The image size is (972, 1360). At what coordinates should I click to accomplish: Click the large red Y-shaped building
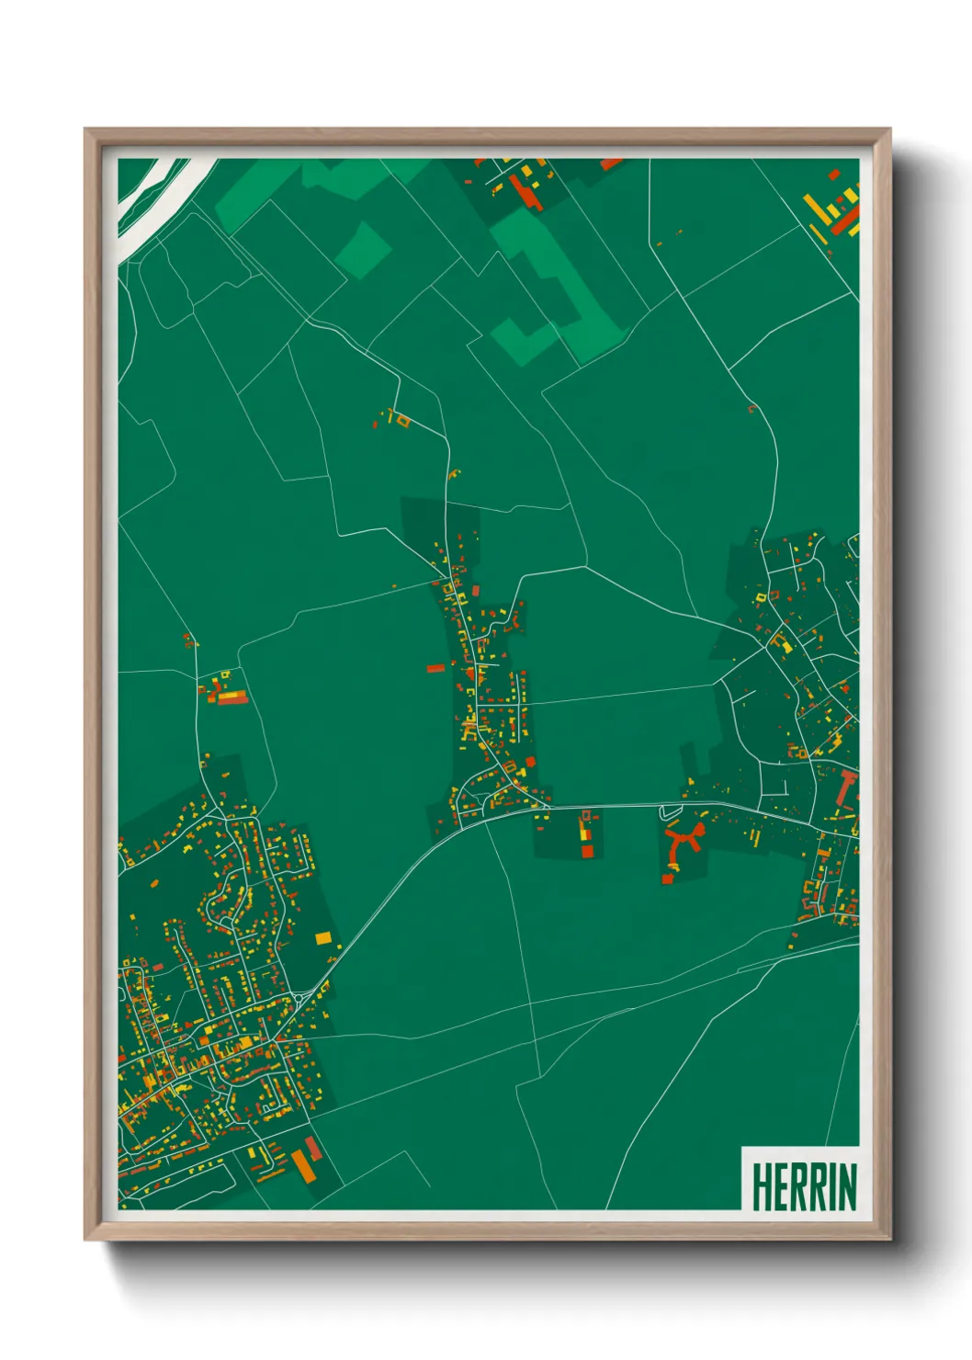(683, 844)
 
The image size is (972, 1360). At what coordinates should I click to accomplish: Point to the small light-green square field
(364, 248)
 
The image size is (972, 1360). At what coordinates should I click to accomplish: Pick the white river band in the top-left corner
(152, 198)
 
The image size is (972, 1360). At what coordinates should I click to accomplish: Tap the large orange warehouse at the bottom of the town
(303, 1165)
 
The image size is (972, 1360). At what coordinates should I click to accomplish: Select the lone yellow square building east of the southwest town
(323, 937)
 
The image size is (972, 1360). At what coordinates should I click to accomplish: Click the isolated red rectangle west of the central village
(435, 668)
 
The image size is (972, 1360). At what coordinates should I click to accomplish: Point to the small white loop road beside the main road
(671, 812)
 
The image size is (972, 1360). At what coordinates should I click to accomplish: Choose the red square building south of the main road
(588, 852)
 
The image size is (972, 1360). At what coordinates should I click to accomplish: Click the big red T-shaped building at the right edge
(847, 788)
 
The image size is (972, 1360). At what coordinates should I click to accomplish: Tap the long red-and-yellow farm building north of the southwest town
(230, 697)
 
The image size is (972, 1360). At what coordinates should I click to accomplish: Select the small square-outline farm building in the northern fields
(402, 422)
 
